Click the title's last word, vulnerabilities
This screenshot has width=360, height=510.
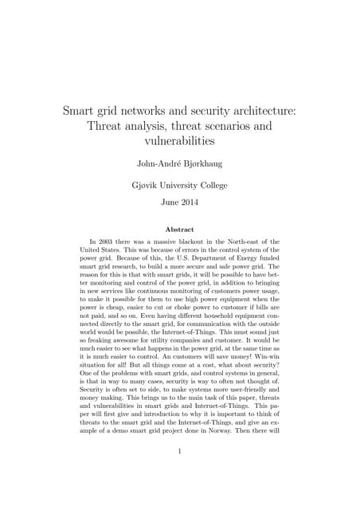tap(180, 142)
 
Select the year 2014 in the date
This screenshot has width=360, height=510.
tap(194, 202)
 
